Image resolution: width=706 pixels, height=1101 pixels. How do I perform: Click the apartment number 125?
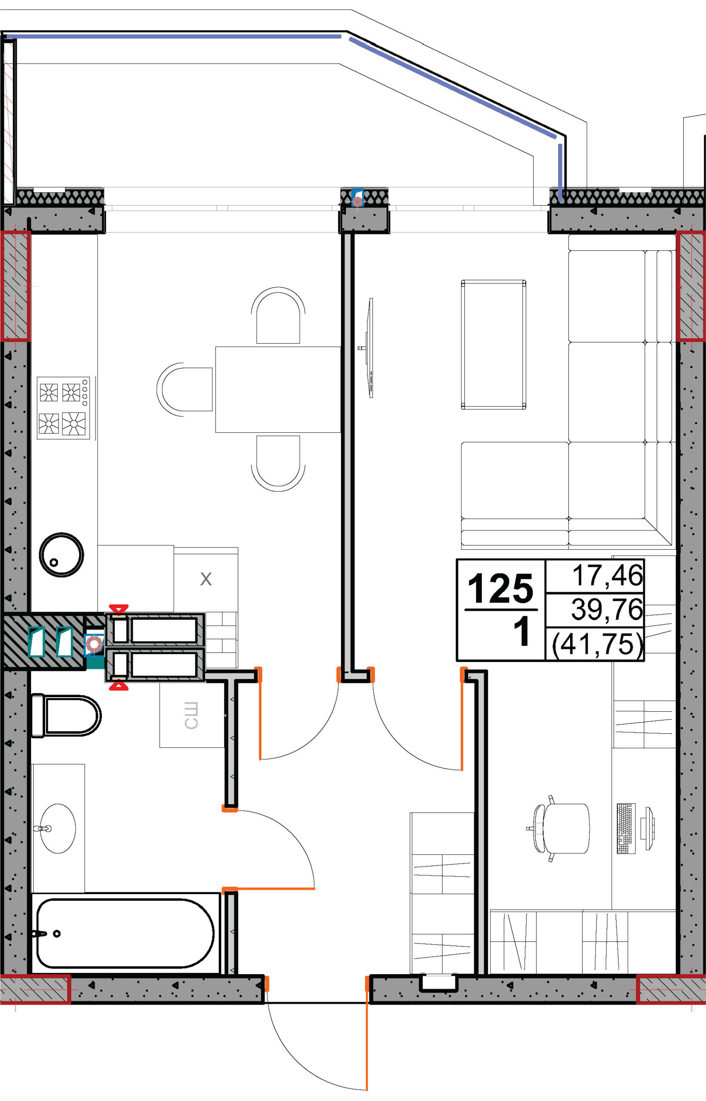[x=500, y=588]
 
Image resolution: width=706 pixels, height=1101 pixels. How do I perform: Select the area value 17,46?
[x=608, y=575]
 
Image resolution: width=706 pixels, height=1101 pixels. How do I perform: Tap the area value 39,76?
[x=607, y=609]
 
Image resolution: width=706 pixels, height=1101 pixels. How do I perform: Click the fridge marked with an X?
[x=206, y=579]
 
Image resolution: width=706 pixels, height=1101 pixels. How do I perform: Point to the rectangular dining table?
[x=278, y=389]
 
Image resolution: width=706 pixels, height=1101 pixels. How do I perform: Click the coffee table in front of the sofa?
[x=493, y=344]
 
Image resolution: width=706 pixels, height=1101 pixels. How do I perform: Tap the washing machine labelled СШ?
[x=192, y=715]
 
